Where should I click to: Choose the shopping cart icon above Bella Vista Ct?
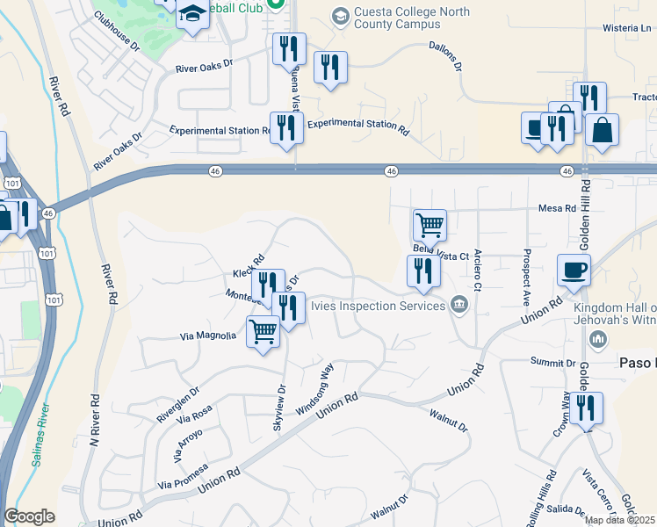coord(430,225)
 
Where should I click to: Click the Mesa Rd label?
coord(557,209)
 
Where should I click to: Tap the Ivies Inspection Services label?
coord(386,306)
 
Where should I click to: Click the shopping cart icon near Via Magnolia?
coord(264,332)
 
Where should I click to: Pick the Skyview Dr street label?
coord(279,401)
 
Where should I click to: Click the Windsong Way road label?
coord(314,389)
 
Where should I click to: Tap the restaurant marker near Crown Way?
coord(586,408)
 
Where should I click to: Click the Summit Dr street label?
coord(552,362)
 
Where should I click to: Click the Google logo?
coord(29,516)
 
